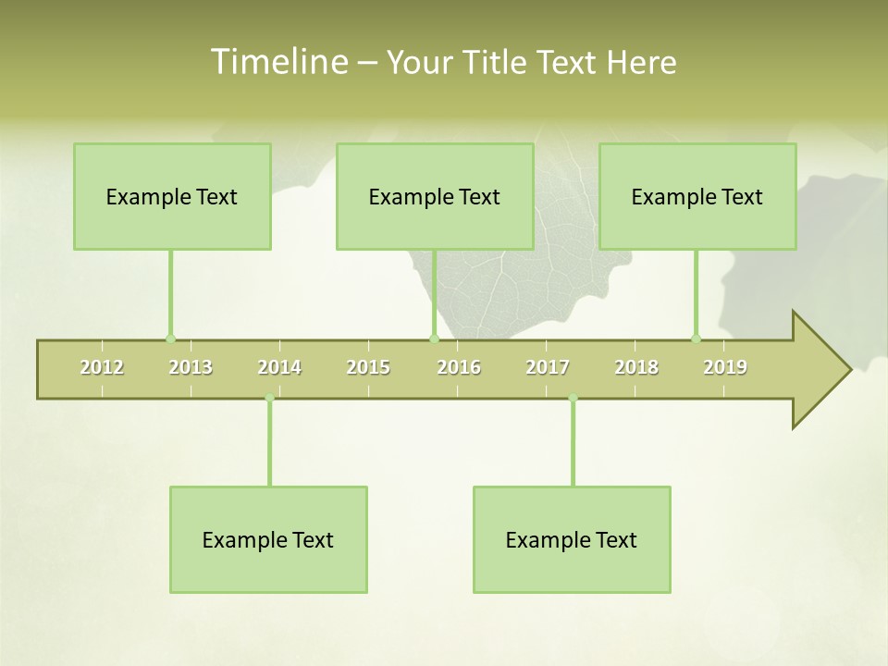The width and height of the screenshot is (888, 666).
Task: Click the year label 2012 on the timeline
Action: coord(102,367)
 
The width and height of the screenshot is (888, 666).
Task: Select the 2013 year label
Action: coord(191,367)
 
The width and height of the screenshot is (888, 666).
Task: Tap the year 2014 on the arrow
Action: coord(279,367)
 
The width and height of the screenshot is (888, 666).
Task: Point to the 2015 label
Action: coord(368,367)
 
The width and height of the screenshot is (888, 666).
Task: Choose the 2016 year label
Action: coord(459,367)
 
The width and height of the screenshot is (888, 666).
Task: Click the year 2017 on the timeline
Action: coord(548,367)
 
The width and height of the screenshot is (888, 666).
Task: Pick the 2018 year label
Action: coord(636,367)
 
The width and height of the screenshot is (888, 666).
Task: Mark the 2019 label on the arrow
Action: coord(725,367)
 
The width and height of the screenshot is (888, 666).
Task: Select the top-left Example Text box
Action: coord(172,196)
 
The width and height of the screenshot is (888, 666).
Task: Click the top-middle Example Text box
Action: coord(435,196)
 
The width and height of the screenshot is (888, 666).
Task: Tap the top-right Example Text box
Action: coord(697,196)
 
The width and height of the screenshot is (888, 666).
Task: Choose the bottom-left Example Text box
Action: coord(268,539)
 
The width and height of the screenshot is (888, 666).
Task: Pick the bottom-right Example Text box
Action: coord(572,539)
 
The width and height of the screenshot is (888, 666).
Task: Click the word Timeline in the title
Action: coord(277,62)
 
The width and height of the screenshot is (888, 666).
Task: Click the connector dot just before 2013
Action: coord(170,339)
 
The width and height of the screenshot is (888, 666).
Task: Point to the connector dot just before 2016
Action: coord(434,339)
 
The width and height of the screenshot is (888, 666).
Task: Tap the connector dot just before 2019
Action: coord(696,339)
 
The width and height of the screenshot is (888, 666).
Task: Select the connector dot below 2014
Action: coord(269,399)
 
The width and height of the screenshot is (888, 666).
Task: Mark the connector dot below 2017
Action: coord(573,399)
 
